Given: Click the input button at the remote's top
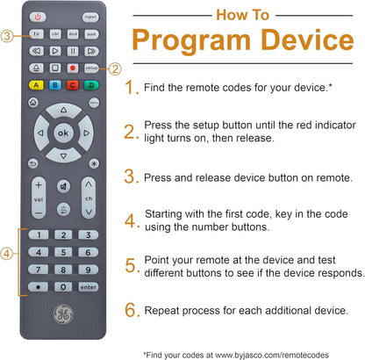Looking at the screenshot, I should click(x=91, y=17).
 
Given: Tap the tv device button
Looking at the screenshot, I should click(x=38, y=35).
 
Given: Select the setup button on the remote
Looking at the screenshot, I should click(x=90, y=67).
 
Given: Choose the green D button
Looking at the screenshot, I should click(x=91, y=85).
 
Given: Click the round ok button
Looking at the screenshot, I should click(x=64, y=133).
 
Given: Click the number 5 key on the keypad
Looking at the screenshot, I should click(x=64, y=253).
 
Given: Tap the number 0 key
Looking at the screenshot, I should click(x=64, y=287).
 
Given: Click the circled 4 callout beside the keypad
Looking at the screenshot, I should click(x=7, y=254).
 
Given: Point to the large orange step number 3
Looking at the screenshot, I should click(x=132, y=176).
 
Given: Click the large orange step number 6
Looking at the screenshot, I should click(x=132, y=309).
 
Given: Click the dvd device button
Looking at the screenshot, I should click(x=73, y=35).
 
